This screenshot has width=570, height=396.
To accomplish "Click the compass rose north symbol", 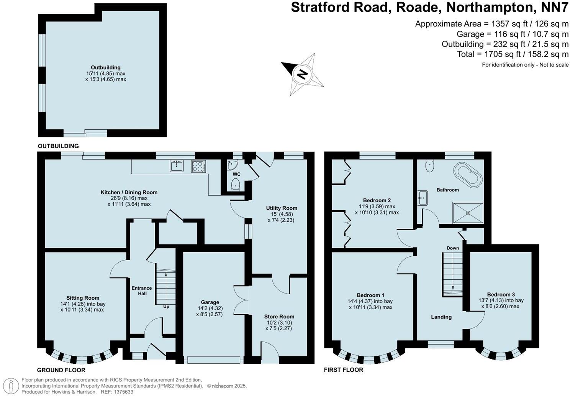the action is [303, 74].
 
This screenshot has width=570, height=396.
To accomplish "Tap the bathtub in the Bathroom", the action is [467, 175].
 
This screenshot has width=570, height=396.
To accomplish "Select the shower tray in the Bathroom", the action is [468, 213].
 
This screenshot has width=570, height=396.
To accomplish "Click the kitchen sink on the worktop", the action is [177, 166].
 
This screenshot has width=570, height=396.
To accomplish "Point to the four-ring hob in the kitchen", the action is [198, 166].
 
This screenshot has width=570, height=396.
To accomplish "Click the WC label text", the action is [237, 174].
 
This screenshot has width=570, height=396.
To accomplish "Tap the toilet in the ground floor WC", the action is [236, 184].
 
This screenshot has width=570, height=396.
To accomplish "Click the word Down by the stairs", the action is [452, 248].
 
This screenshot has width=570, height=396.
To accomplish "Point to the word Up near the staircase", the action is [166, 307].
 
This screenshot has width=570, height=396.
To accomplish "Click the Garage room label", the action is [210, 302].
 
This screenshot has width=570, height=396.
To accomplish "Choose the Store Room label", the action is [279, 317].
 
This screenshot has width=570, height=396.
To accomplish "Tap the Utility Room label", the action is [282, 208].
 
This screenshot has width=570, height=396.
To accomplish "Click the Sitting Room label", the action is [83, 298].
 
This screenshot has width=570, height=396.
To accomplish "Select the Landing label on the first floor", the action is [441, 317].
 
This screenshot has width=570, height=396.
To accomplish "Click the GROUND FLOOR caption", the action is [61, 370].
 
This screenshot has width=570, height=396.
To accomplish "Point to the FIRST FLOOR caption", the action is [343, 370].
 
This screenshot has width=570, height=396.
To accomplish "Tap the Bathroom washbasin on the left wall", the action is [423, 198].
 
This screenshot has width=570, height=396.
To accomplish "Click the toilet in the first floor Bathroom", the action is [430, 165].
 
